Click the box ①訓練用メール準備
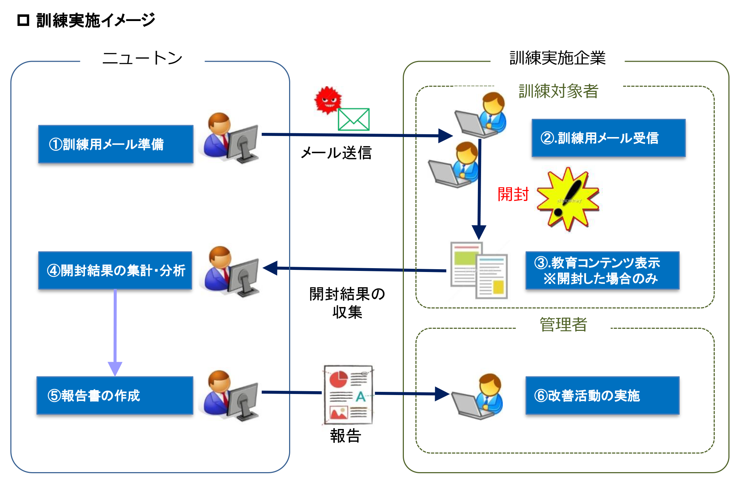[x=116, y=144]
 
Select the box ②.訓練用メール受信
[x=608, y=138]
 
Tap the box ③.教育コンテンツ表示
[x=602, y=270]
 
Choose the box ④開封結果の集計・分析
[x=115, y=270]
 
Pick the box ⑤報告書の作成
[x=115, y=395]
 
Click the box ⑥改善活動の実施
[x=602, y=395]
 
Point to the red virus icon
[x=328, y=100]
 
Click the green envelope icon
[x=353, y=119]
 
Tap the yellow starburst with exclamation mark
[x=568, y=199]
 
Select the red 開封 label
[x=513, y=194]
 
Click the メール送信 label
[x=336, y=153]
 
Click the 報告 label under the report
[x=346, y=436]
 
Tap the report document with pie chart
[x=348, y=394]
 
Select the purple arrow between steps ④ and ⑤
[x=115, y=333]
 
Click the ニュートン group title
[x=142, y=58]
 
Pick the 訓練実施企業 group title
[x=558, y=58]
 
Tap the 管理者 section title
[x=563, y=324]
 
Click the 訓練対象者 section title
[x=558, y=91]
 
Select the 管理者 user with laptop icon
[x=477, y=396]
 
